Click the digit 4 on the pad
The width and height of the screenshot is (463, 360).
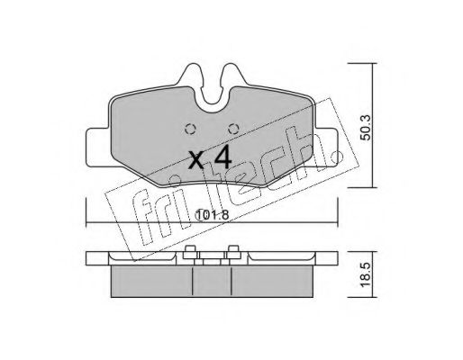click(222, 158)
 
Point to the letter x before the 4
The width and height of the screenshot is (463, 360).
click(196, 163)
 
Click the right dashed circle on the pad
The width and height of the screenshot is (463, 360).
click(232, 126)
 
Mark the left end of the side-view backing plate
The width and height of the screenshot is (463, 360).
click(91, 259)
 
